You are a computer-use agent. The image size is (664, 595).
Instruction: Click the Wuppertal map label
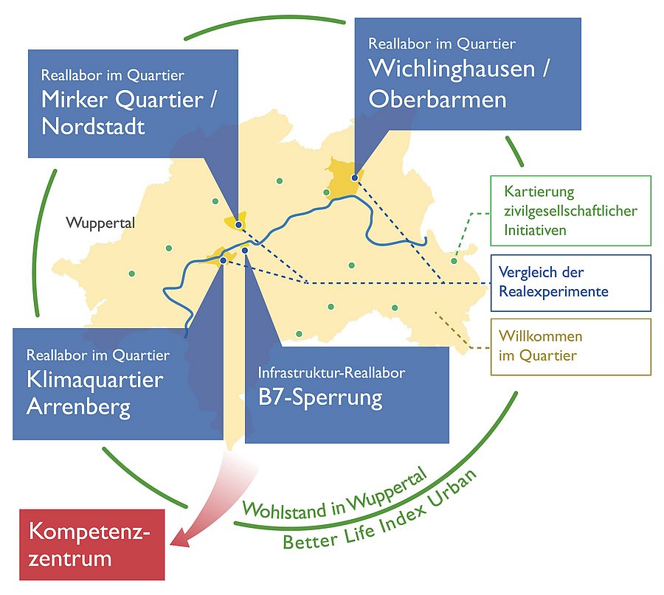(x=100, y=223)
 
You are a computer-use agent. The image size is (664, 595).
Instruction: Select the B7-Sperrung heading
(x=320, y=398)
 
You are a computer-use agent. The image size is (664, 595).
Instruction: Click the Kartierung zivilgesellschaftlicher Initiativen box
(x=570, y=211)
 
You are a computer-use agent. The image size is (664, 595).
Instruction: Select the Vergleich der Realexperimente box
(x=570, y=282)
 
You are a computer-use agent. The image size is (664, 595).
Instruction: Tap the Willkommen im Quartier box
(x=570, y=347)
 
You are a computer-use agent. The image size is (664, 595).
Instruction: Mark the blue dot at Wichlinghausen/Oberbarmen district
(x=354, y=178)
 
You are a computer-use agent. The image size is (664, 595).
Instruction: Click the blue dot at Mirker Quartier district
(x=238, y=218)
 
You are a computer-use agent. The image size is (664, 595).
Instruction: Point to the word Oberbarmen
(x=437, y=100)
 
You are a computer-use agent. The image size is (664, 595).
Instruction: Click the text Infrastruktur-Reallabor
(x=331, y=373)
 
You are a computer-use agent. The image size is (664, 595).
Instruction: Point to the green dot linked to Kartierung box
(x=454, y=260)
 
